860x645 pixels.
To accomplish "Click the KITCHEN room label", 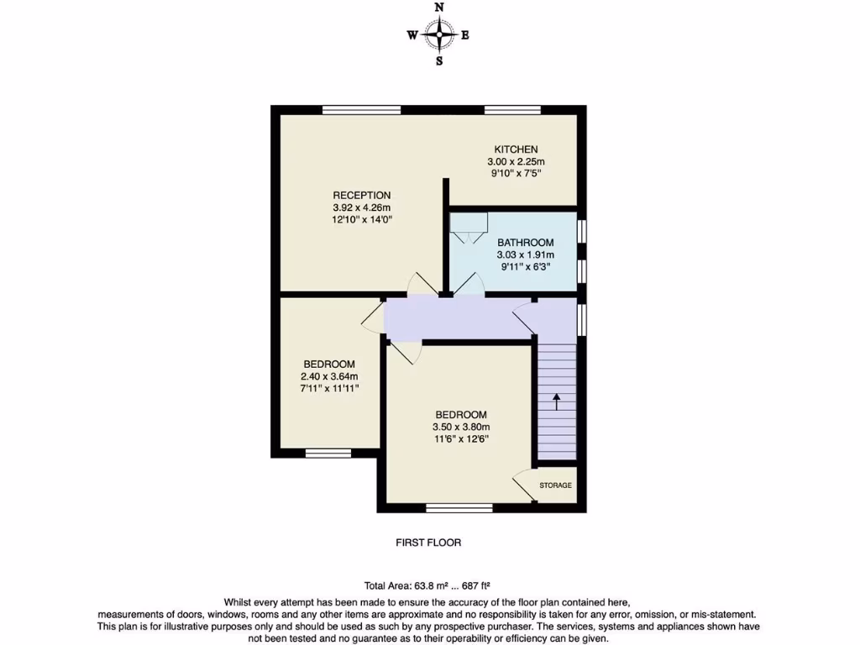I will point(516,149).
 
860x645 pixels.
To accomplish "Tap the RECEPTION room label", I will point(362,196).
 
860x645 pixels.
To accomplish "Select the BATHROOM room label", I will point(525,243).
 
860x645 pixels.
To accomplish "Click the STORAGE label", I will point(555,485).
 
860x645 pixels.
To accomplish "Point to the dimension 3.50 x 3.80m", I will point(460,427).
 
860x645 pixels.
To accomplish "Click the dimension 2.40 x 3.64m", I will point(329,376).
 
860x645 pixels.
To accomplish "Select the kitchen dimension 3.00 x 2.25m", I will point(516,162).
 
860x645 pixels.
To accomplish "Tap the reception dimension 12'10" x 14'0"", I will point(362,219).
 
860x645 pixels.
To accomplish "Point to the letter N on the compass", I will point(438,8).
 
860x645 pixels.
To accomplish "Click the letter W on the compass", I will point(412,35).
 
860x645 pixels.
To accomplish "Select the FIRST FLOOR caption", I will point(428,543).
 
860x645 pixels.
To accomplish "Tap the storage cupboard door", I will point(524,488).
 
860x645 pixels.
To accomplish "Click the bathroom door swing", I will point(469,284).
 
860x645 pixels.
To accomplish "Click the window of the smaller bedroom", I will point(328,453).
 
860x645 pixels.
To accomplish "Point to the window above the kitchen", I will point(512,109).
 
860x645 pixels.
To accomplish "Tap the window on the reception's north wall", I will point(361,109).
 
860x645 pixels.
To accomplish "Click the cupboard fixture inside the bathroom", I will point(469,225).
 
